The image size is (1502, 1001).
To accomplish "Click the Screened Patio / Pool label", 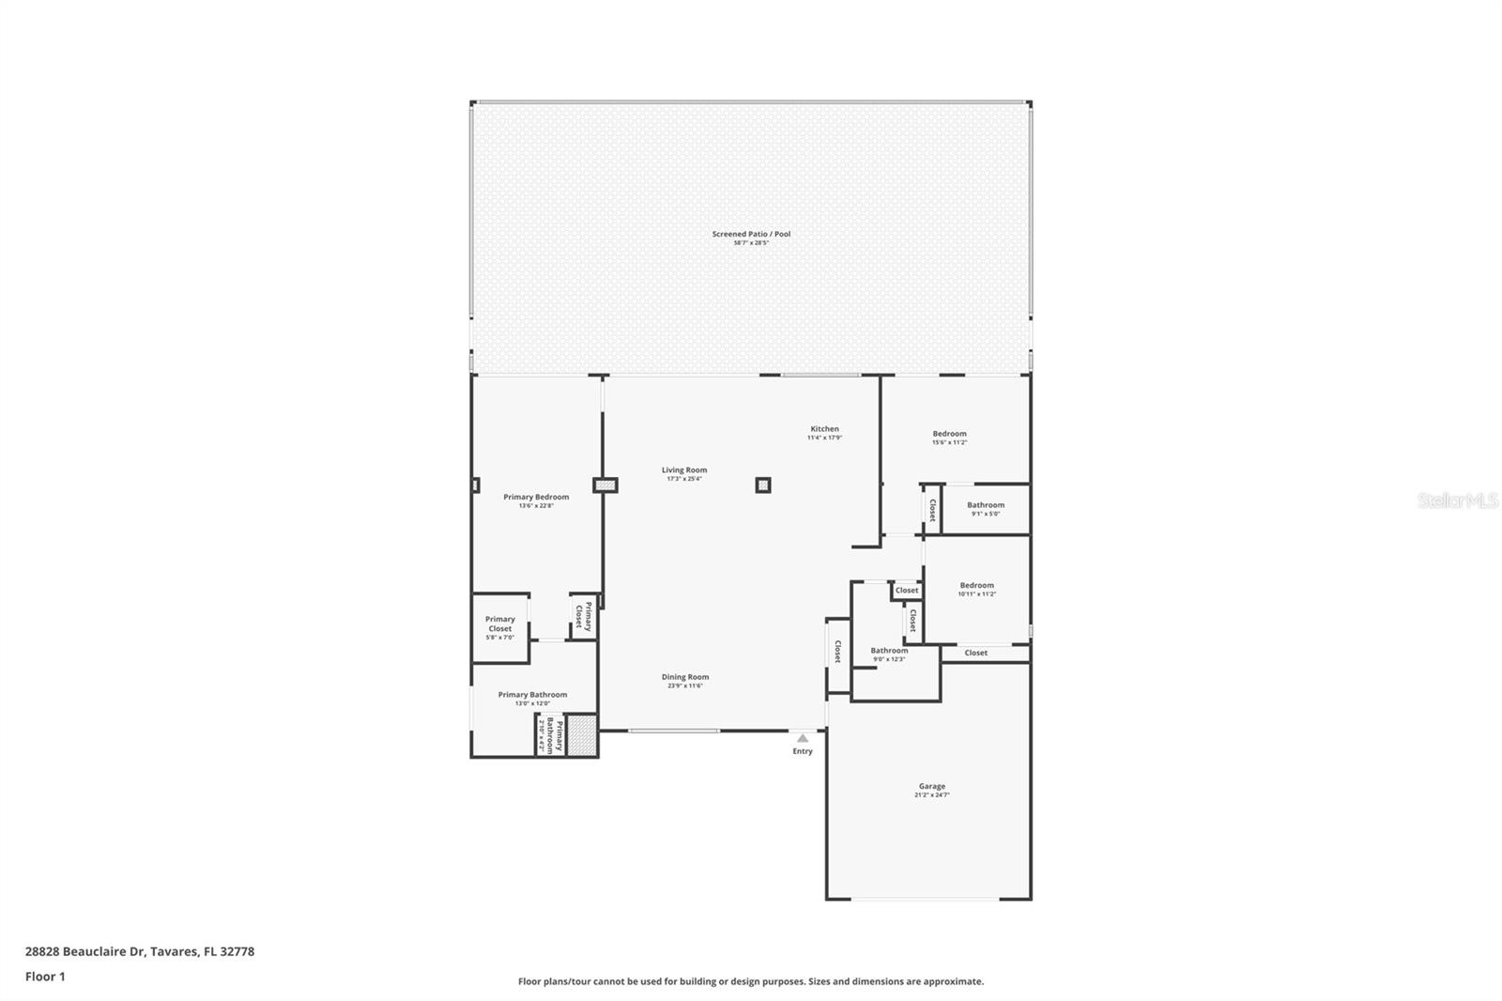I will coord(751,235).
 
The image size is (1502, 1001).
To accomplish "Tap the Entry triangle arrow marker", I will coord(803,739).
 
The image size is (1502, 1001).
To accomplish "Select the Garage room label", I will coord(931,787).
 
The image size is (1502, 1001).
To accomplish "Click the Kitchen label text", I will coord(824,429).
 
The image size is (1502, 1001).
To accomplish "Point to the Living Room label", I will coord(683,470).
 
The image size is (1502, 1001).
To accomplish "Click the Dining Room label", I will coord(684,677).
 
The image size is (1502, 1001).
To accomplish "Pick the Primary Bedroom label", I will coord(536,498).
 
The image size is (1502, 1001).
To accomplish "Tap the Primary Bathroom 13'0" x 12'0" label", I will coord(532,696).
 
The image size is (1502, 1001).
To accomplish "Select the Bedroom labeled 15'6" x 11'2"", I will coord(949,435).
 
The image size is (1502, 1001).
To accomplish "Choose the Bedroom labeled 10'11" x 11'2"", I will coord(976,586).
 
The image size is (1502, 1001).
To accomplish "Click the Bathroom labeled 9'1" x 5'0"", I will coord(985,506).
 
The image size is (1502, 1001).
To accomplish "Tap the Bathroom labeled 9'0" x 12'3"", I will coord(888,652).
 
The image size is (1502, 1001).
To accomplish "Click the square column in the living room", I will coord(763,485).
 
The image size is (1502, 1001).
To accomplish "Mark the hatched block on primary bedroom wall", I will coord(605,485).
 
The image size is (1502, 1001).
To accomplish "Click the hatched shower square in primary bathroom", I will coord(582,736).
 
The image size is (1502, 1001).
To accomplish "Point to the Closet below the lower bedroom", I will coord(975,653).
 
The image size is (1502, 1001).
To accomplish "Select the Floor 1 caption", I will coord(45,977).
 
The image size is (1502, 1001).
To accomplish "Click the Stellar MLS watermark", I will coord(1457,501).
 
